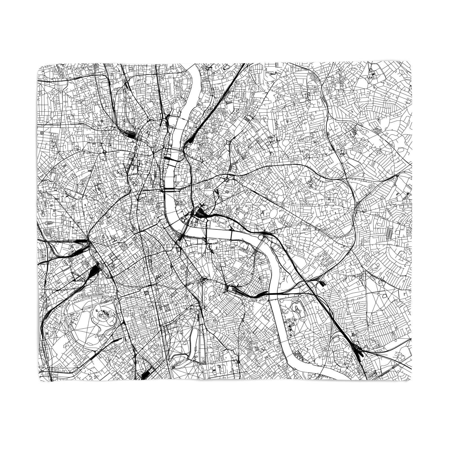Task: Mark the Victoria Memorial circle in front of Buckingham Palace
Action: (204, 280)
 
